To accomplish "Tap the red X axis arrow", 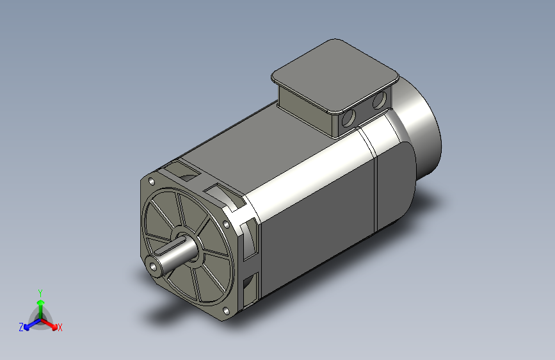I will tap(52, 324).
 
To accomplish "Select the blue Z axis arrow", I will tap(29, 325).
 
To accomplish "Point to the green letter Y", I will tap(40, 291).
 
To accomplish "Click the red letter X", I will tap(60, 328).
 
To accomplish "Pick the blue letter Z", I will tap(21, 327).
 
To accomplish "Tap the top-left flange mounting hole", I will tap(151, 181).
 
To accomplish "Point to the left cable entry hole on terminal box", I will tap(350, 118).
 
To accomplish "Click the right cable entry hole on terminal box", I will tap(378, 100).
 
